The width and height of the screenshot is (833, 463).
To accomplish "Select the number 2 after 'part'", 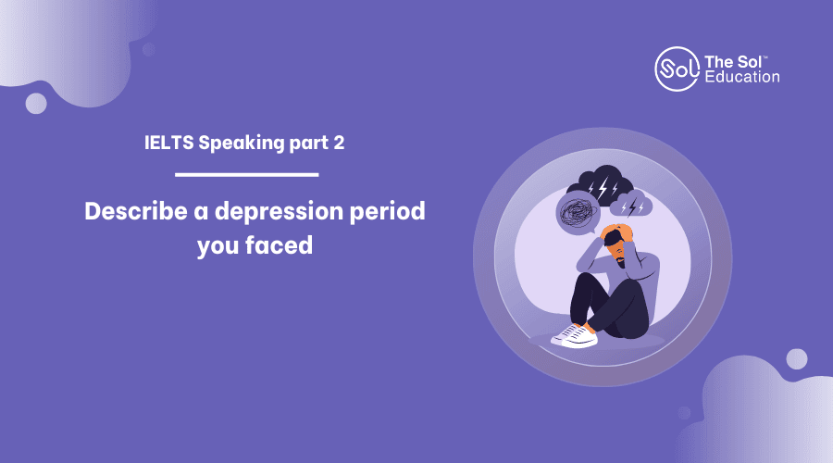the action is coord(339,143).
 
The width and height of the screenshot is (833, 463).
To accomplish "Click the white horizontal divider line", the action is coord(246,174).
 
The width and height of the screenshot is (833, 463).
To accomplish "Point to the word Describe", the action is coord(136,211).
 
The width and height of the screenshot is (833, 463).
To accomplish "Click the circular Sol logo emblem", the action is coord(677,69).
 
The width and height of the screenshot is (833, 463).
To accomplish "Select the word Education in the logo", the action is coord(742,77).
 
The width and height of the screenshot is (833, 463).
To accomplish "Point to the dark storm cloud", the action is coord(601,185).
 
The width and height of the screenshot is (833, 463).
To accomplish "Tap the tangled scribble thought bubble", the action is coord(578,214).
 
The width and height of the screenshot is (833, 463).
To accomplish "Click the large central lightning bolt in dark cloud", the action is coord(603,188).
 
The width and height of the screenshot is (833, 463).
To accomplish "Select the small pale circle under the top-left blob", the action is coord(36,103).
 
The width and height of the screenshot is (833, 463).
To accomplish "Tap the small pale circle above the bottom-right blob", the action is coord(796,359).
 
